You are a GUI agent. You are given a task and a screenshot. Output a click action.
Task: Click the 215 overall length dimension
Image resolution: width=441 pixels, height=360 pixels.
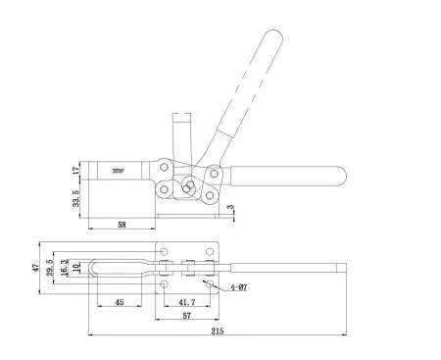pos(218,331)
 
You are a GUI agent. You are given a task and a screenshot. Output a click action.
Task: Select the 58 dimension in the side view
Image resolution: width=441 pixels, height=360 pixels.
pos(122,224)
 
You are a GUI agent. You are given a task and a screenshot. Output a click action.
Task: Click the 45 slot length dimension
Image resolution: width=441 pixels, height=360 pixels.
pos(119,301)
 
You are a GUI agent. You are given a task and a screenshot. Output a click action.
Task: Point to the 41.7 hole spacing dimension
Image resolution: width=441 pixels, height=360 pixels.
pos(187,301)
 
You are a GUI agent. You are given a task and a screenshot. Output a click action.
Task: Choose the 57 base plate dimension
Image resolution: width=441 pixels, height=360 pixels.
pos(186,316)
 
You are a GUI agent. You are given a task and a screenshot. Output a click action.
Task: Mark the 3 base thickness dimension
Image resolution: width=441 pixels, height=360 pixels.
pos(231,208)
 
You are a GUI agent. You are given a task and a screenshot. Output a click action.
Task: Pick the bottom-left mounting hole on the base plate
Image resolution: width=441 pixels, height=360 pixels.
pos(165,285)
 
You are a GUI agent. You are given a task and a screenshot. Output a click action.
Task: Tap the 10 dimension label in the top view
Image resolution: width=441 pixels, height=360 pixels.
pos(75,267)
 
